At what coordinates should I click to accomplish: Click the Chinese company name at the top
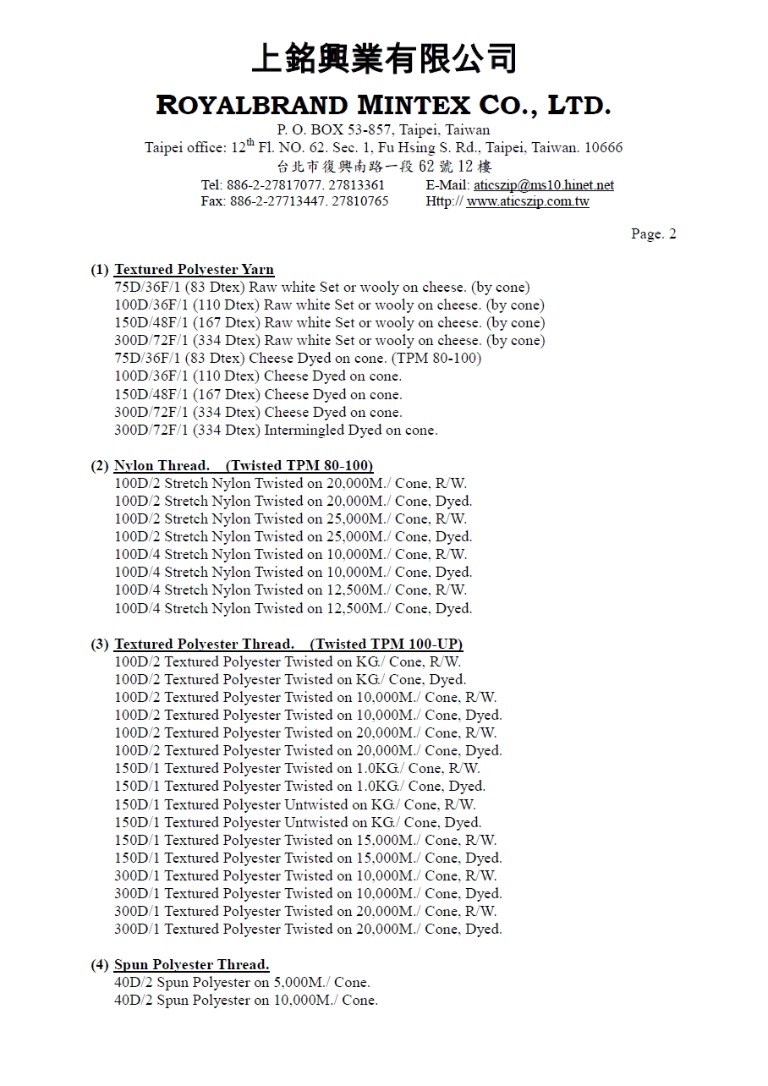point(383,60)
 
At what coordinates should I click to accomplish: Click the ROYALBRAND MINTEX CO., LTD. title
point(383,106)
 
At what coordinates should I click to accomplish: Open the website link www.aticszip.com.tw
point(528,202)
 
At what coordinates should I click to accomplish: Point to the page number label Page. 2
point(653,234)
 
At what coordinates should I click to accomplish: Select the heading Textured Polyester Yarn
point(194,270)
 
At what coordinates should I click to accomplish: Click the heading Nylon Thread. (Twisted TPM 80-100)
point(244,466)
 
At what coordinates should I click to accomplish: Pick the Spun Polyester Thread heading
point(191,965)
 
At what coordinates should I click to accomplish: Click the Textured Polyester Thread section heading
point(288,644)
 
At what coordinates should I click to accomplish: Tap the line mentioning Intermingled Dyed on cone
point(276,431)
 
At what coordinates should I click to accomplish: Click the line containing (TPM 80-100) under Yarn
point(298,359)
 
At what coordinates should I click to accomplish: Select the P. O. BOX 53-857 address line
point(383,130)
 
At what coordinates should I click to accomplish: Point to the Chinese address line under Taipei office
point(383,167)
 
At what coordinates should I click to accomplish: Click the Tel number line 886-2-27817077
point(293,185)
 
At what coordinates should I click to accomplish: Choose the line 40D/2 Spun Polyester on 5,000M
point(242,983)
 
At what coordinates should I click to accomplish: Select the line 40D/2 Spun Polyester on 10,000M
point(245,1001)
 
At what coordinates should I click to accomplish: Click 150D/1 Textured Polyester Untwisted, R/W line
point(294,804)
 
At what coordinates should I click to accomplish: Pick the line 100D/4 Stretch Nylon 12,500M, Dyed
point(293,609)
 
